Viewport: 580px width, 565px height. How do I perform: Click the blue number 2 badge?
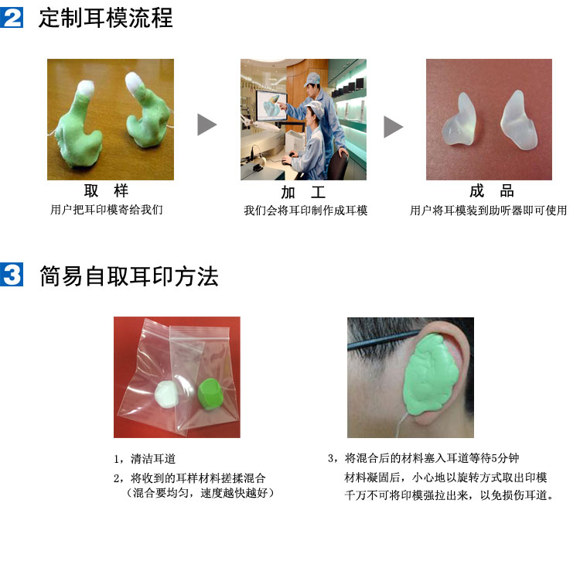click(12, 17)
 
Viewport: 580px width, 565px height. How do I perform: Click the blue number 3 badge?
click(12, 274)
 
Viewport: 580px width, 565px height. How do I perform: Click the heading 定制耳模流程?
click(106, 18)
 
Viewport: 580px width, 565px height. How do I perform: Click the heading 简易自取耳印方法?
click(128, 276)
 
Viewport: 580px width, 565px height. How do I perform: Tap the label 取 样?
click(106, 191)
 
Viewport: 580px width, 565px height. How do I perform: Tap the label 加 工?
click(303, 192)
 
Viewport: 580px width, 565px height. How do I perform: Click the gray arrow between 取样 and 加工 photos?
click(206, 125)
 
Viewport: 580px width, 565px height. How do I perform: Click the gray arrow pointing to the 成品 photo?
click(393, 127)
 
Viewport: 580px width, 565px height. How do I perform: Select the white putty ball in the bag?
click(166, 395)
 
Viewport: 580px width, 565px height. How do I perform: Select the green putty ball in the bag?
click(210, 394)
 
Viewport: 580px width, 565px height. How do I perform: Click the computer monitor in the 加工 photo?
click(271, 105)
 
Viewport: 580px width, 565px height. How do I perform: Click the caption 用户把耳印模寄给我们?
click(107, 210)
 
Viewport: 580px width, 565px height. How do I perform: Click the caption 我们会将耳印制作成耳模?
click(305, 211)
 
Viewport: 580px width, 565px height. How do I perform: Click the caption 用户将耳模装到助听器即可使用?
click(488, 211)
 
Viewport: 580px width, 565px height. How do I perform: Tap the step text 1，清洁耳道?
click(145, 459)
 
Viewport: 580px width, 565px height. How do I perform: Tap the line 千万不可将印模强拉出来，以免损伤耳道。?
click(449, 495)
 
